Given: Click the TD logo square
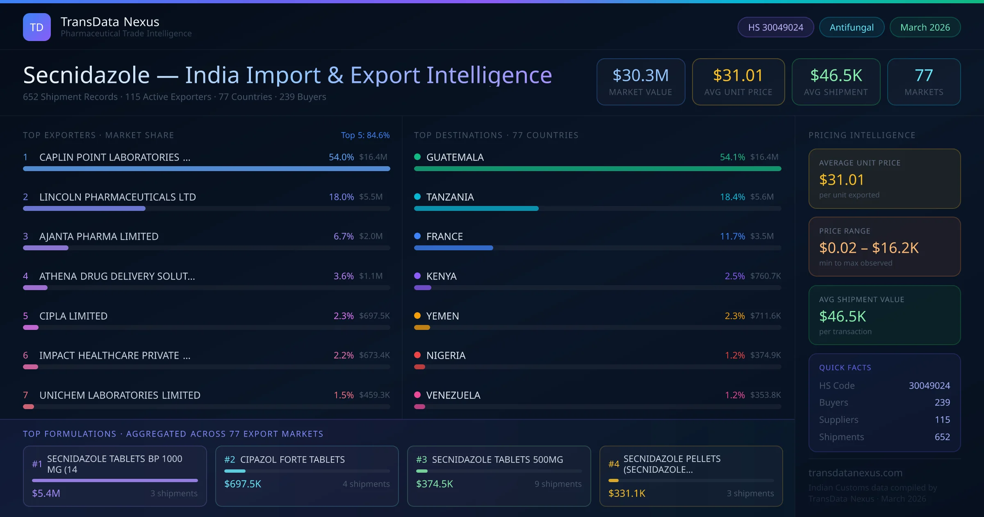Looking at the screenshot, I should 37,27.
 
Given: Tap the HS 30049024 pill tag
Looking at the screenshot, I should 775,27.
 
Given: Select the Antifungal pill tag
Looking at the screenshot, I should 852,27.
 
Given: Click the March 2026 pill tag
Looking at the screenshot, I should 925,27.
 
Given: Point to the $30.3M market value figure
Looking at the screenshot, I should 640,75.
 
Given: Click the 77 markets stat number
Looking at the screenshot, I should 924,75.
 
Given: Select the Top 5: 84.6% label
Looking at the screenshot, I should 365,135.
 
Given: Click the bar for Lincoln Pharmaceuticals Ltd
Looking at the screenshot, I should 84,208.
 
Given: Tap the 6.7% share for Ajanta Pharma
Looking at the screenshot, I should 343,236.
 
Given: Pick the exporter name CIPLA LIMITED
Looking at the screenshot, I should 73,316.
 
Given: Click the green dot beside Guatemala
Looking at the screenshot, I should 417,157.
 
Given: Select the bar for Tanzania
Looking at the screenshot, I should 476,208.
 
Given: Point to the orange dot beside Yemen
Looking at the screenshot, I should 417,316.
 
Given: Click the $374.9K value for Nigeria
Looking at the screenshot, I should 765,355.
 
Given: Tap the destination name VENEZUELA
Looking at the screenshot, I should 453,395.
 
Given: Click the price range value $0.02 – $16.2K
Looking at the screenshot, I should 868,248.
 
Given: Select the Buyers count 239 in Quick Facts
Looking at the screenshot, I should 942,403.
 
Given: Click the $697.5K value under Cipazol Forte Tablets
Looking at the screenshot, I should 243,484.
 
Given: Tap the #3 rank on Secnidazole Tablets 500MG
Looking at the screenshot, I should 421,460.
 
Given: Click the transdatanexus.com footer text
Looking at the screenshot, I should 855,473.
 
